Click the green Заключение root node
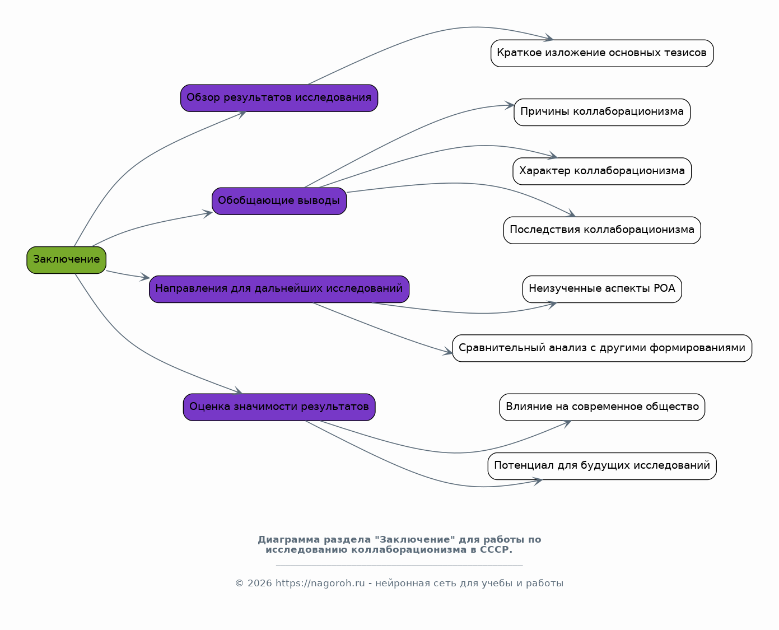(x=66, y=260)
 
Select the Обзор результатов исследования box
(x=279, y=98)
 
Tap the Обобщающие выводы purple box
(x=279, y=201)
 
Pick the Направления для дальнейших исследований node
(x=279, y=289)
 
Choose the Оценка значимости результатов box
(x=279, y=407)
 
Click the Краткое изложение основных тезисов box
(x=602, y=53)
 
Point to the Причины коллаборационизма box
(x=602, y=112)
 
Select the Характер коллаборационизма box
(x=602, y=171)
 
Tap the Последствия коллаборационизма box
(x=602, y=230)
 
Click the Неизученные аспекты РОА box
(x=602, y=289)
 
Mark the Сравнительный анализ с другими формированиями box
(x=602, y=348)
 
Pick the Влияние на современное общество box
(x=602, y=407)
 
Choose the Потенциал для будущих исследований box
(x=602, y=466)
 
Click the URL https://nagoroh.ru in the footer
(x=320, y=583)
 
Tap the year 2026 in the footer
(x=260, y=583)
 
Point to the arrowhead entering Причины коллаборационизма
(x=510, y=105)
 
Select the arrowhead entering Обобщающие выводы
(x=208, y=213)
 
